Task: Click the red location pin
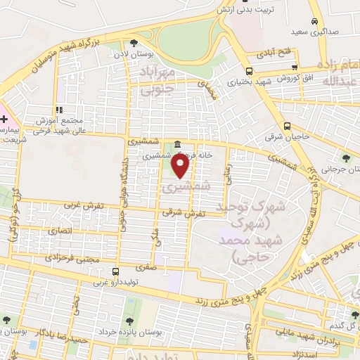(x=181, y=166)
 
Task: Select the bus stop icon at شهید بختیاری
(x=249, y=71)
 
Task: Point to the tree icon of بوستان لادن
(x=134, y=44)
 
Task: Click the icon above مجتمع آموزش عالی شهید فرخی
(x=60, y=110)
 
